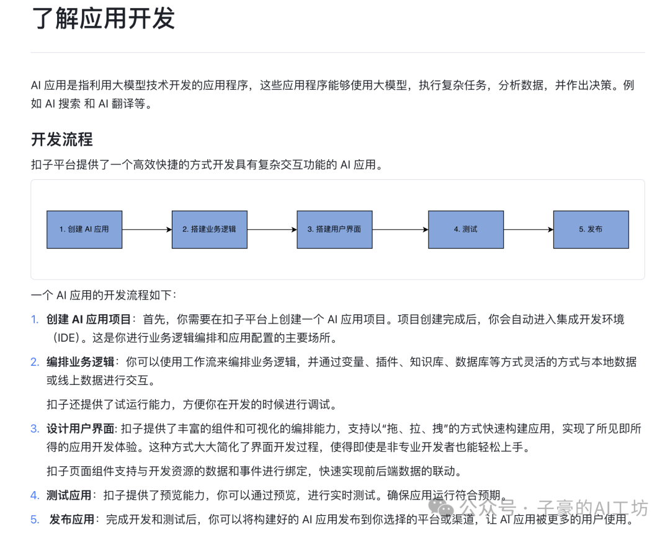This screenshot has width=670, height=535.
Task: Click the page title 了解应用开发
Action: [x=103, y=19]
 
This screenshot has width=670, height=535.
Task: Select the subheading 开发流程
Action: [x=62, y=139]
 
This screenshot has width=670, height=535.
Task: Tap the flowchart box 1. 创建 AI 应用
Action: [x=84, y=229]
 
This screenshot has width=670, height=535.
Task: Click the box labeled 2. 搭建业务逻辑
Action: [x=209, y=229]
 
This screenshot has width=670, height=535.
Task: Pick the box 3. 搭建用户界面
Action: [x=334, y=229]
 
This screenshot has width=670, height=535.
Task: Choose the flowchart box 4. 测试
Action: [x=465, y=229]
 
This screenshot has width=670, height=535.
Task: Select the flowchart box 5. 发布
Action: [x=591, y=229]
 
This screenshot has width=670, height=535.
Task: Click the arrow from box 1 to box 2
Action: [x=146, y=229]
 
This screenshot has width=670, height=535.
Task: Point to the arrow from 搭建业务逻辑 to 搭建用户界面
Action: [x=272, y=229]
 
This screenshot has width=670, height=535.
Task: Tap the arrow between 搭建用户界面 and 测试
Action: [x=400, y=229]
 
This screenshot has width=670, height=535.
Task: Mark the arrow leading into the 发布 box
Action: [x=528, y=229]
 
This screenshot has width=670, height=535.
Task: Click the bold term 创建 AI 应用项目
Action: [x=89, y=319]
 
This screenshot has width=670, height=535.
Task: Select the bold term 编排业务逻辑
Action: [x=81, y=362]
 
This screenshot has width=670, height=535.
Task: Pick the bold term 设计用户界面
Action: [x=81, y=428]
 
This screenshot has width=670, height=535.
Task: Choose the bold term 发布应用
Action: [x=72, y=519]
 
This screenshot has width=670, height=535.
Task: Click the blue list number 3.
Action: [x=35, y=428]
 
